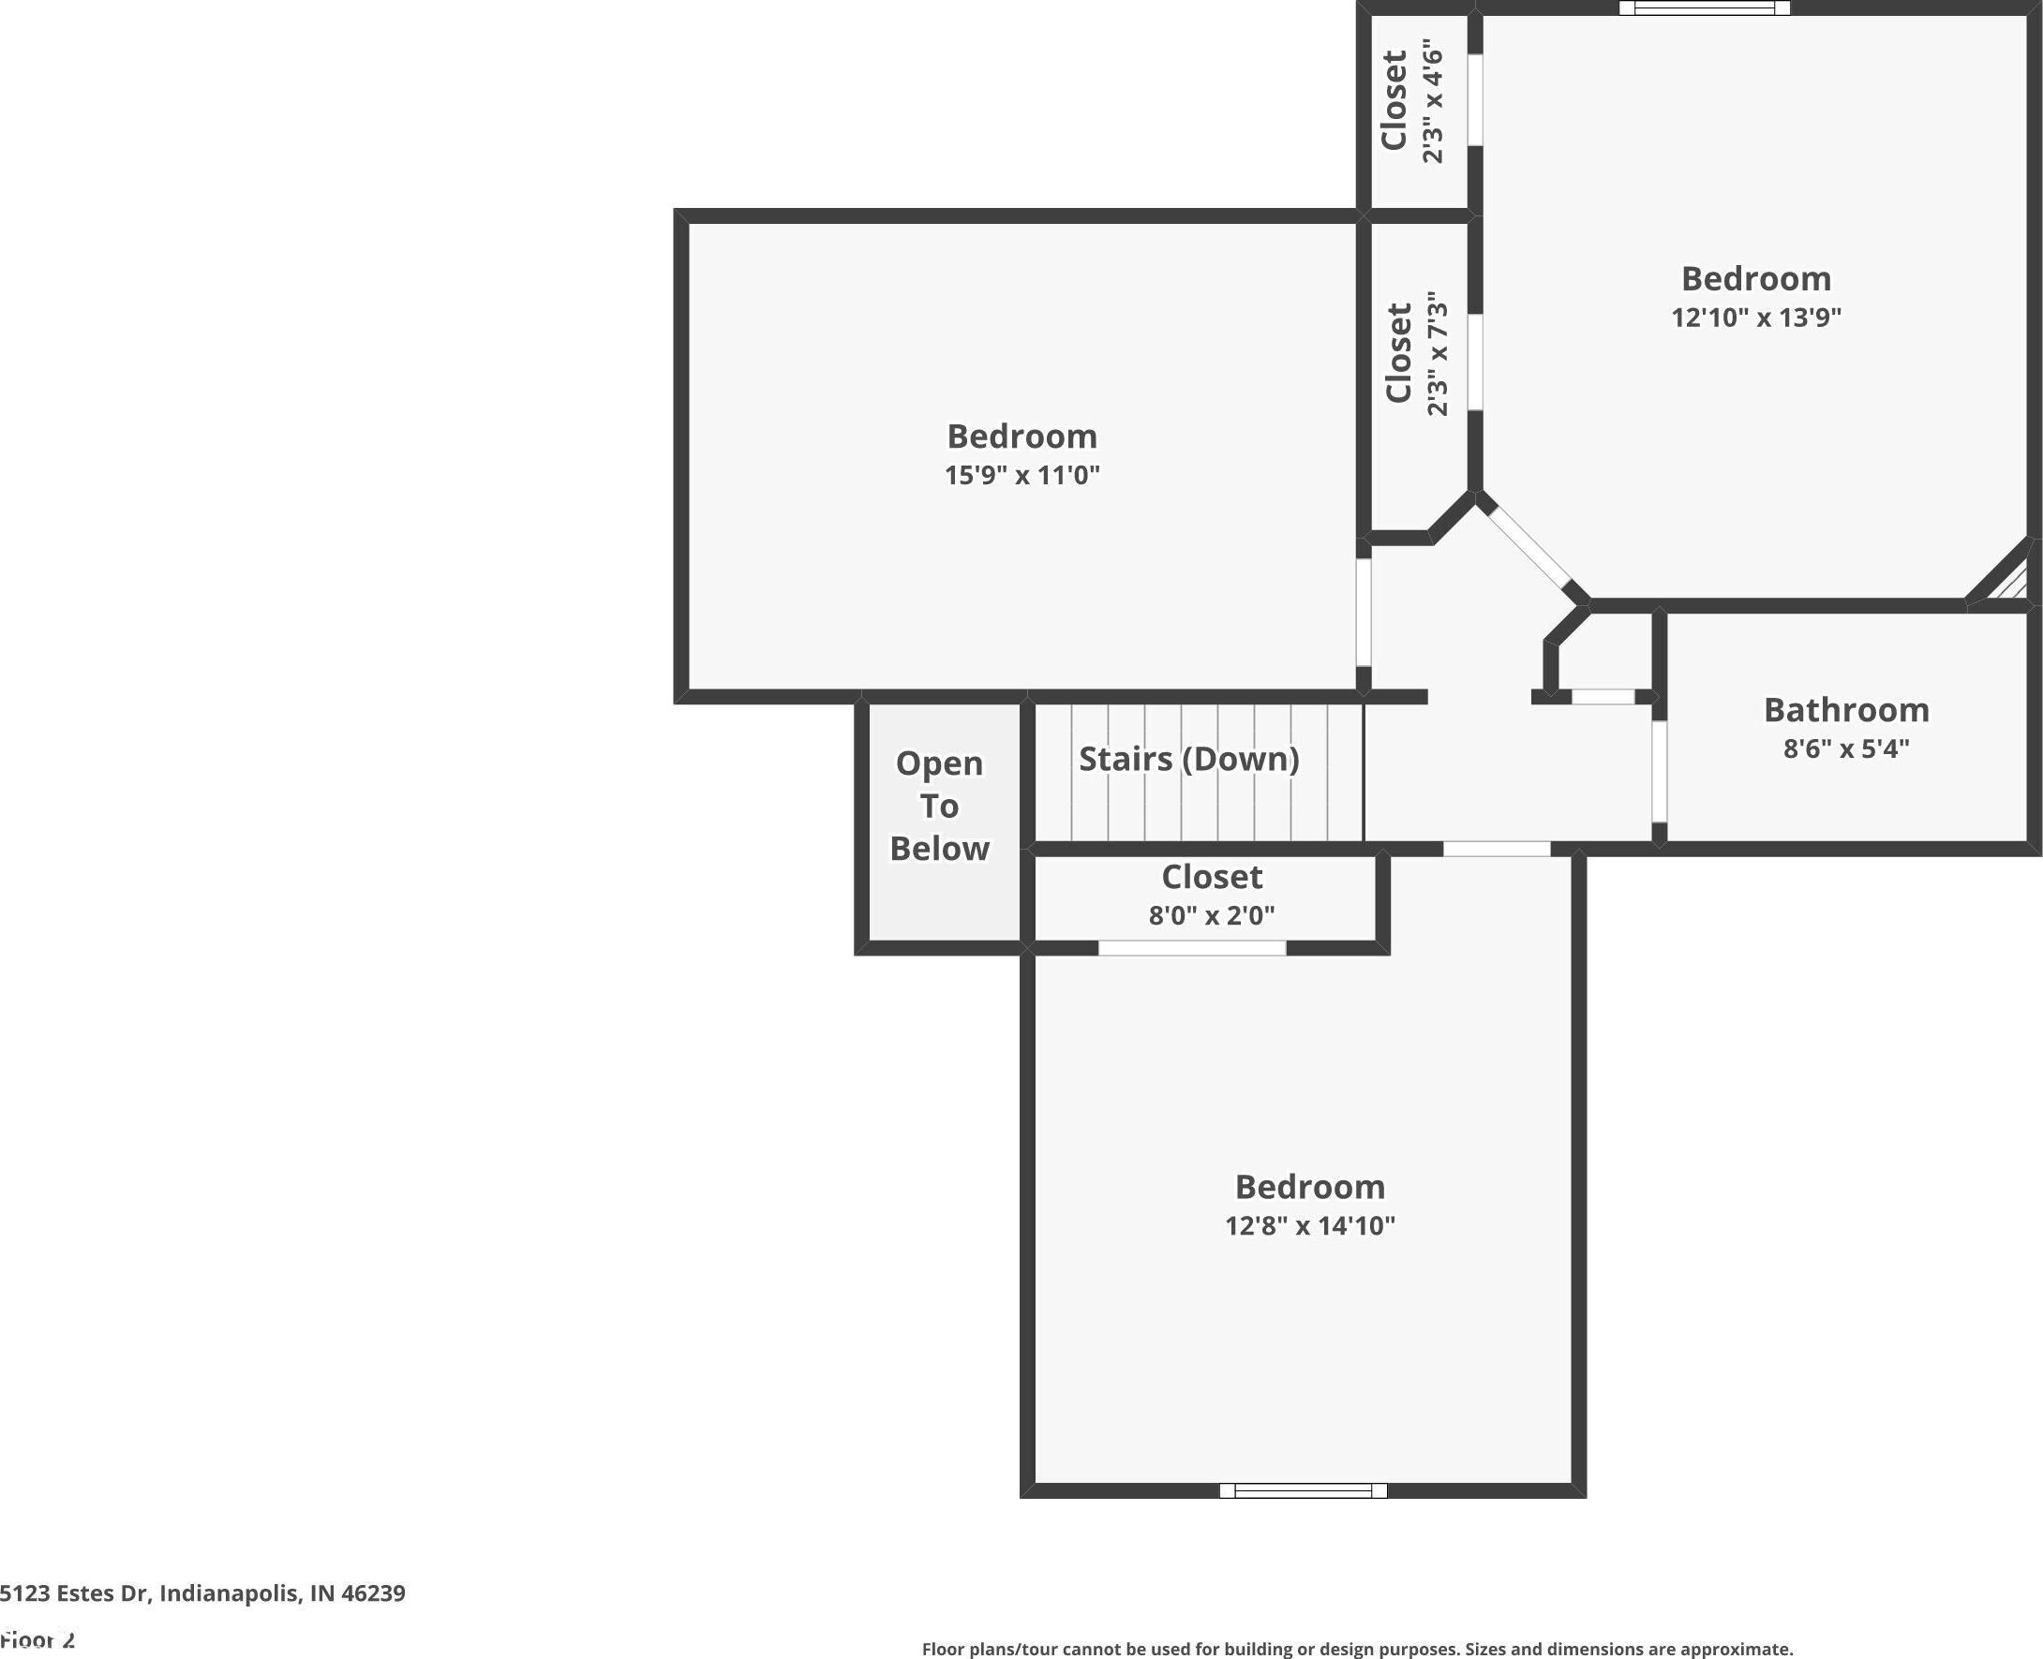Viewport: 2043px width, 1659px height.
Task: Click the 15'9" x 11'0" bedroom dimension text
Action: point(1022,475)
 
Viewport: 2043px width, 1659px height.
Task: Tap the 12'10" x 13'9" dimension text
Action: point(1756,318)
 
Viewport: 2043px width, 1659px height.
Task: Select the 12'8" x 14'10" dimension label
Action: point(1310,1225)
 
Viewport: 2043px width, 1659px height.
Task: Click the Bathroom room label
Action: point(1846,710)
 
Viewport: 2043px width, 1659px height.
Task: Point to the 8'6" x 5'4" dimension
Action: point(1846,748)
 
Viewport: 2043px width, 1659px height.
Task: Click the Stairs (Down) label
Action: point(1189,759)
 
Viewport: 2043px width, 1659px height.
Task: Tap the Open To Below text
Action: point(940,806)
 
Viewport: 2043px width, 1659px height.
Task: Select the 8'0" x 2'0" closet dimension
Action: point(1211,915)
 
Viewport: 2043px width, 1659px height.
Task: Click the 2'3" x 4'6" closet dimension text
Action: point(1431,101)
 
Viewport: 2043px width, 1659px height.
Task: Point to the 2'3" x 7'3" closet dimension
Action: point(1437,353)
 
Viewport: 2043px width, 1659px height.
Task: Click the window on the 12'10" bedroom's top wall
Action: point(1704,8)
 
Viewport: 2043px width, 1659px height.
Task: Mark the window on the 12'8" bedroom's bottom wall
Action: point(1303,1489)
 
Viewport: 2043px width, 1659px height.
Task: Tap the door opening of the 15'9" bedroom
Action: point(1364,613)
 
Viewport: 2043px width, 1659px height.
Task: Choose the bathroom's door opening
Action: point(1660,771)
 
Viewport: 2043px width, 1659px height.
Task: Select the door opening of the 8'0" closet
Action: point(1192,948)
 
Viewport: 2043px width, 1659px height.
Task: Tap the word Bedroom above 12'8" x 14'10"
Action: point(1310,1187)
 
